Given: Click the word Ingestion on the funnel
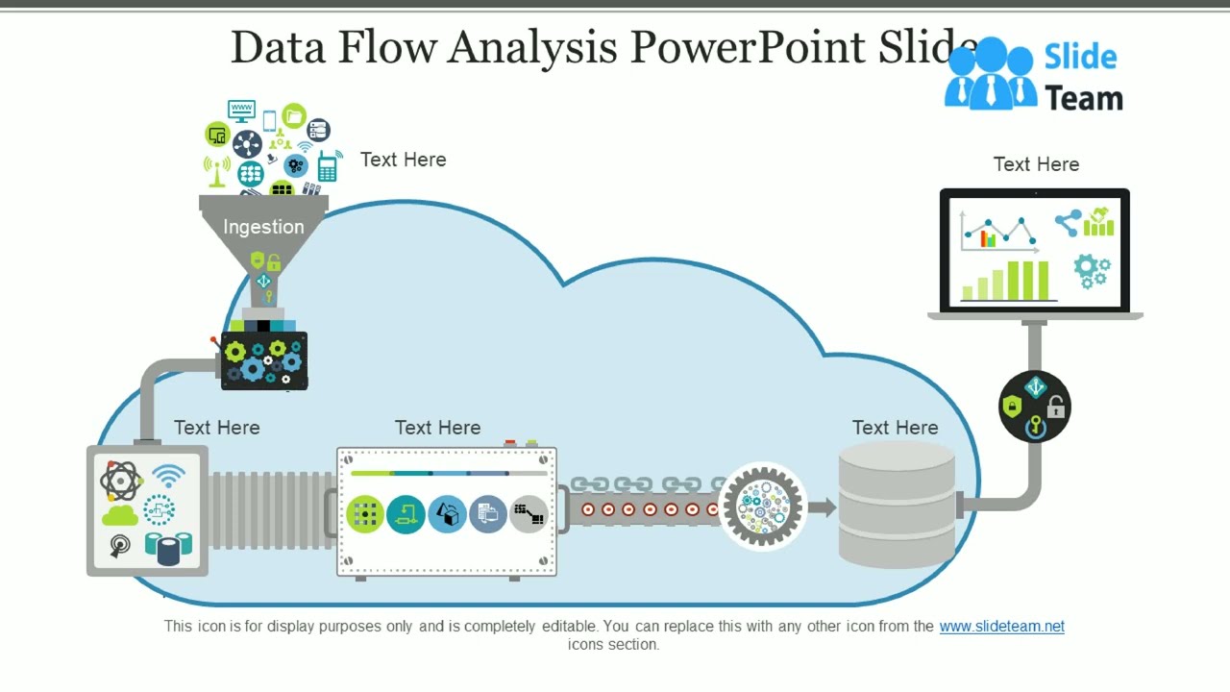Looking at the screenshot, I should coord(263,227).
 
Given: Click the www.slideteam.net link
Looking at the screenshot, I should coord(1001,626).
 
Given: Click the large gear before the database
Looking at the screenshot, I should coord(762,506).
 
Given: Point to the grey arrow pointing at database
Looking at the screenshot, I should coord(821,507).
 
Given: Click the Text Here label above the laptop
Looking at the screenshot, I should coord(1036,164).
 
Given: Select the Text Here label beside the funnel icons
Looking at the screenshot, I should coord(403,160).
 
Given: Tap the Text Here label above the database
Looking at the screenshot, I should coord(895,428).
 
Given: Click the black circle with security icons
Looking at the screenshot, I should coord(1035,407).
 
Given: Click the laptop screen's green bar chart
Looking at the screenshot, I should coord(1009,281).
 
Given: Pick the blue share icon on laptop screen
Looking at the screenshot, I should coord(1068,224).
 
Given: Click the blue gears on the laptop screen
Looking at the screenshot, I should coord(1092,270).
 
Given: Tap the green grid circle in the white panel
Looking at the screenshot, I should coord(365,514).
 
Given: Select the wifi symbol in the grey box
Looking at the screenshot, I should coord(168,476).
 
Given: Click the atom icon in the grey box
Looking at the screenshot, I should coord(120,481).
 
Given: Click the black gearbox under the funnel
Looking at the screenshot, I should coord(264,361).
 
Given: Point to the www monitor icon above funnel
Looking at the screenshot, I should coord(240,111).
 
